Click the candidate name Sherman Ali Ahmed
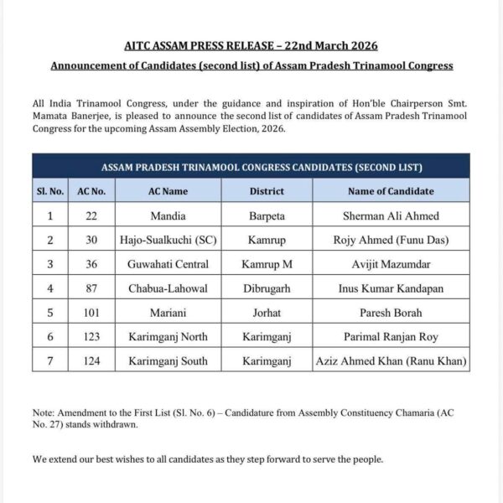[391, 215]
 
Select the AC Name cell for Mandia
[168, 215]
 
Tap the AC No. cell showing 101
[91, 313]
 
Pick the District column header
[267, 191]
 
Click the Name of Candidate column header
[391, 191]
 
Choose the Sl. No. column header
[50, 191]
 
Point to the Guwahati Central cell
[168, 264]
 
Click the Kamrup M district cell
[267, 264]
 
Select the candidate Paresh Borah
[391, 313]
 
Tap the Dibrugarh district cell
[267, 288]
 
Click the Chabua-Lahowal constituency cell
[168, 288]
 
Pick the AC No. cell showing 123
[91, 337]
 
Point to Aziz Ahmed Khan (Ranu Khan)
[391, 361]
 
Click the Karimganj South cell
[168, 361]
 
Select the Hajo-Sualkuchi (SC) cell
[168, 240]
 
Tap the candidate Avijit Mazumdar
[391, 264]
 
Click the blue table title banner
[251, 166]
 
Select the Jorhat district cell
[267, 313]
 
